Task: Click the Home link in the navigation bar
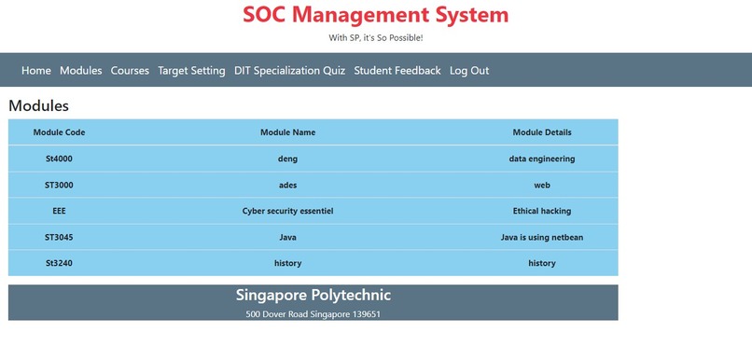click(x=36, y=71)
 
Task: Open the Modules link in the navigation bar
click(x=81, y=71)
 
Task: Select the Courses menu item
click(x=130, y=71)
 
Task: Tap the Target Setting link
click(x=191, y=71)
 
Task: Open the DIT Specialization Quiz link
click(x=289, y=71)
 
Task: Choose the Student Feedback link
click(x=397, y=71)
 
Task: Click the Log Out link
click(x=469, y=71)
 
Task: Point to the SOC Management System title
click(x=376, y=16)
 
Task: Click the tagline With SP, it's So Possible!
click(x=376, y=38)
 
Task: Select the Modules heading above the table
click(x=38, y=106)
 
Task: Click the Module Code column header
click(x=59, y=132)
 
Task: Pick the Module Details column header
click(x=542, y=132)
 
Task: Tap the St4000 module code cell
click(x=59, y=159)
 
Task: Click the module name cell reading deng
click(x=287, y=159)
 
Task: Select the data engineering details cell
click(x=542, y=159)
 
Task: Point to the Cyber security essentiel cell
click(x=287, y=211)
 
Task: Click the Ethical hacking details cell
click(x=542, y=211)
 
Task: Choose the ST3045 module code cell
click(x=59, y=237)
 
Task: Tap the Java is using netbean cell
click(x=542, y=237)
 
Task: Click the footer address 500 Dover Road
click(x=313, y=314)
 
